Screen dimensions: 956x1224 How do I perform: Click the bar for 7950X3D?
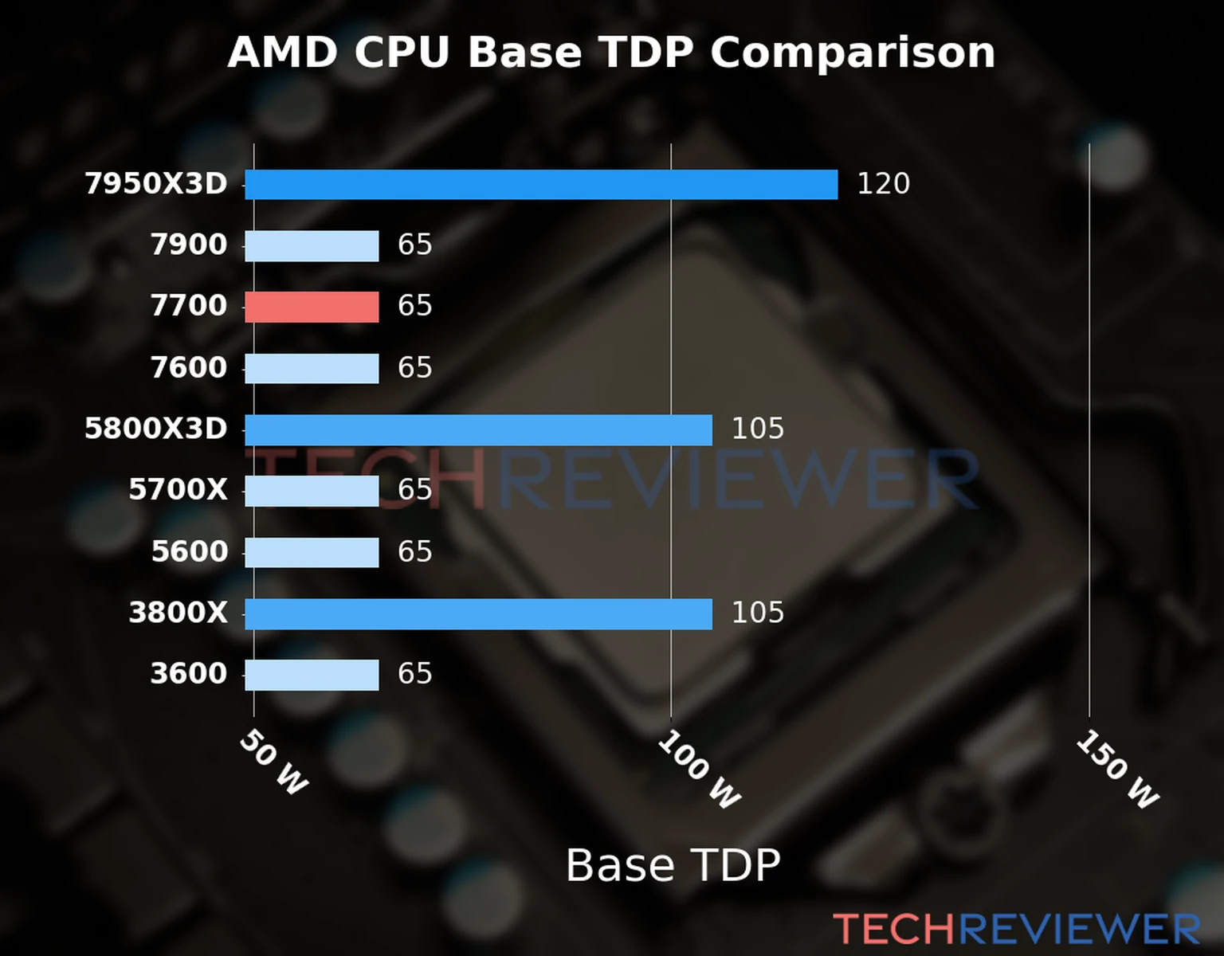(x=541, y=185)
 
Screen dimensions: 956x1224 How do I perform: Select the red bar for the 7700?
(x=312, y=307)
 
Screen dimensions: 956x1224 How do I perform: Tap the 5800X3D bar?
(x=478, y=430)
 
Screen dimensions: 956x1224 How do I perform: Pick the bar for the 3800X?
(x=478, y=614)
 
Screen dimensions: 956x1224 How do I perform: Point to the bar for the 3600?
(x=312, y=675)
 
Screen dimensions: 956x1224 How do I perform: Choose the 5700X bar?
(x=312, y=491)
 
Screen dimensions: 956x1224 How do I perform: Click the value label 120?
(x=883, y=184)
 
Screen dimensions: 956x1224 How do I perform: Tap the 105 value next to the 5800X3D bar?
(x=758, y=429)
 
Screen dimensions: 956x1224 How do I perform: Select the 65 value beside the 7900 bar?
(x=414, y=245)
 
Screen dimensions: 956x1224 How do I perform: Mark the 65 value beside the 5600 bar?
(x=414, y=552)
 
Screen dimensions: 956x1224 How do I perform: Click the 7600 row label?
(x=189, y=368)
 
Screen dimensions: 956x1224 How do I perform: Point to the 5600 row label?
(x=190, y=552)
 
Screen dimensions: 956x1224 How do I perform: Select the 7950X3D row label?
(x=156, y=184)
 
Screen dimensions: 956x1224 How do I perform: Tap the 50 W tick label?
(x=273, y=762)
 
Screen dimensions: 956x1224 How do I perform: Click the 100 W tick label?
(x=699, y=770)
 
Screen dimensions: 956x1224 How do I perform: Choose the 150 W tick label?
(x=1117, y=770)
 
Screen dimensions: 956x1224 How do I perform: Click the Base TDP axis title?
(x=673, y=865)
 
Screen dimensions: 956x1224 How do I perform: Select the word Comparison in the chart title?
(x=853, y=53)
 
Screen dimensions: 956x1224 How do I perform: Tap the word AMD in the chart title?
(x=283, y=53)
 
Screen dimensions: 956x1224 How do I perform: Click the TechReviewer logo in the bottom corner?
(x=1016, y=929)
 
